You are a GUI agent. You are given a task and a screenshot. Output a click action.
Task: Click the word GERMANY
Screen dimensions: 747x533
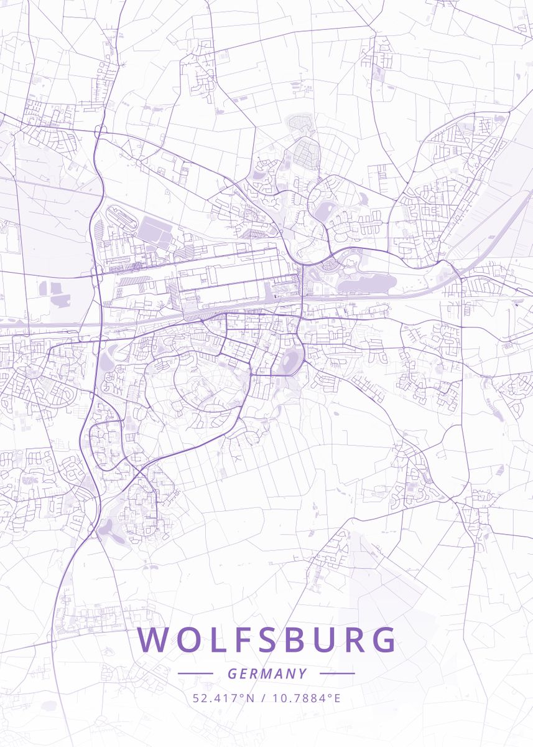[267, 674]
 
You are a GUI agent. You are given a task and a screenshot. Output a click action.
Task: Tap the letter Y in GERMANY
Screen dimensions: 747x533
[302, 674]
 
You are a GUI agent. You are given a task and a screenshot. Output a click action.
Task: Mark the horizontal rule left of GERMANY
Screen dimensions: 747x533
[195, 674]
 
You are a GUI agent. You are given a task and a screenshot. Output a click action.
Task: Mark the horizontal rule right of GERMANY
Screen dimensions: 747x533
[336, 674]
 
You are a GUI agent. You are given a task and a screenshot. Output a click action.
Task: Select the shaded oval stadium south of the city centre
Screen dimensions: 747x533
[290, 362]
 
